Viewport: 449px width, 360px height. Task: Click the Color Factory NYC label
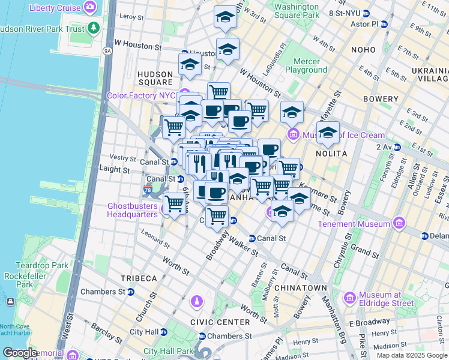[x=140, y=95]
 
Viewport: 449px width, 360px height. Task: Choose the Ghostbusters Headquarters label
[x=132, y=209]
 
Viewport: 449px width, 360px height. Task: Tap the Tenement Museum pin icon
[x=398, y=223]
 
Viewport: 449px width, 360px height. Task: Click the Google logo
[x=20, y=353]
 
